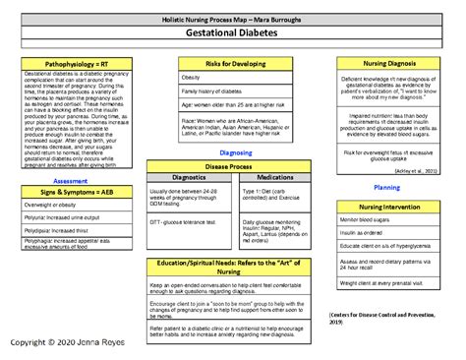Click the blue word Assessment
pyautogui.click(x=70, y=181)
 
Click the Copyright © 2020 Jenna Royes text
pyautogui.click(x=62, y=342)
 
